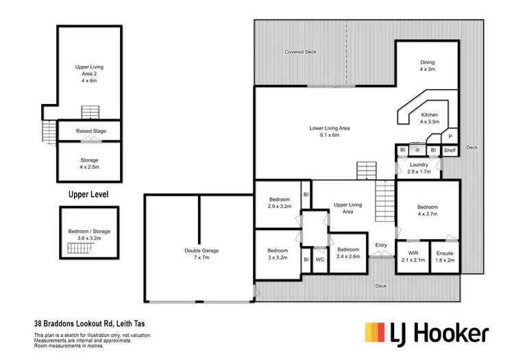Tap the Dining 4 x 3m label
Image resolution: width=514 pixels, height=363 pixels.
(x=427, y=66)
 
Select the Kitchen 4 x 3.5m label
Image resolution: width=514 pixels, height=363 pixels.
(x=430, y=118)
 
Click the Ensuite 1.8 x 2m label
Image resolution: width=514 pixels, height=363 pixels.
(x=445, y=257)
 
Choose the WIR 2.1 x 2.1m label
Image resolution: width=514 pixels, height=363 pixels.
(x=413, y=257)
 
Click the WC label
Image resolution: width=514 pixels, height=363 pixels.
(x=319, y=259)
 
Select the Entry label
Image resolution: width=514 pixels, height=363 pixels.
(x=381, y=245)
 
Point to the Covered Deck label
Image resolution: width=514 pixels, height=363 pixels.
(x=300, y=52)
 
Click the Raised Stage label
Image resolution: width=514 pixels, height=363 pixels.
(x=90, y=130)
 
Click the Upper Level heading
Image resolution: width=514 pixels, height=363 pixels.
(x=88, y=195)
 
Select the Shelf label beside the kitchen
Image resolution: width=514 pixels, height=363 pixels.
(x=450, y=150)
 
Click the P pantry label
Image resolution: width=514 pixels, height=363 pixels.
(x=450, y=136)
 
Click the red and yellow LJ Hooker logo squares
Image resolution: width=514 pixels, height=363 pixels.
(x=376, y=332)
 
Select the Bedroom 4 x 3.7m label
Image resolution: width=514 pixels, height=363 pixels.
(x=427, y=210)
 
